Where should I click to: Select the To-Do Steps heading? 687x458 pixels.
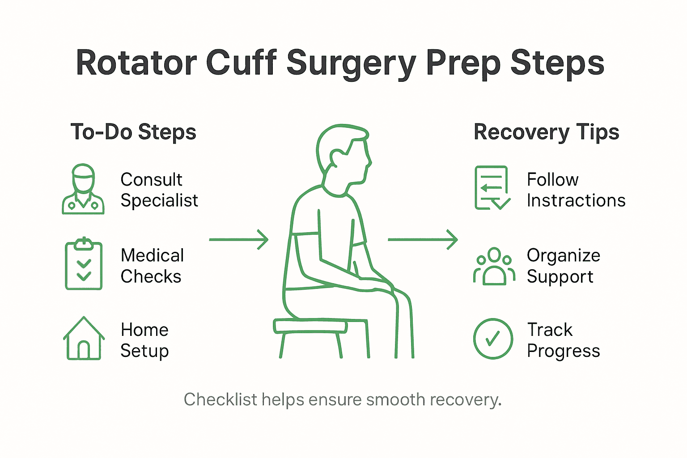[x=133, y=132]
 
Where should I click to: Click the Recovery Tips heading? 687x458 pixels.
[x=546, y=132]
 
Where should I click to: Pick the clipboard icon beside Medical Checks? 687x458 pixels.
[x=84, y=265]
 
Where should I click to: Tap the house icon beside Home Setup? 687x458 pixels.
[x=84, y=339]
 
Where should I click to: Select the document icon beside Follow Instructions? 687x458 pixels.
[x=492, y=188]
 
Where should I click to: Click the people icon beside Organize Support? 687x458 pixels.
[x=494, y=267]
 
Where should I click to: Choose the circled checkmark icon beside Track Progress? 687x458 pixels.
[x=493, y=339]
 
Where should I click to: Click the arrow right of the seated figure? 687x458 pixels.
[x=423, y=240]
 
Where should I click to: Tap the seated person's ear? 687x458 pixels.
[x=336, y=157]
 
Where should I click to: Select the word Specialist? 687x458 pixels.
[x=159, y=201]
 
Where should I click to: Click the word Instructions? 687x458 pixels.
[x=576, y=201]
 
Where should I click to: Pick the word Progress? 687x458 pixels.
[x=563, y=352]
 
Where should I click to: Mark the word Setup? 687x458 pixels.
[x=144, y=352]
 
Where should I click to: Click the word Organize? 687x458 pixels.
[x=563, y=256]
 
